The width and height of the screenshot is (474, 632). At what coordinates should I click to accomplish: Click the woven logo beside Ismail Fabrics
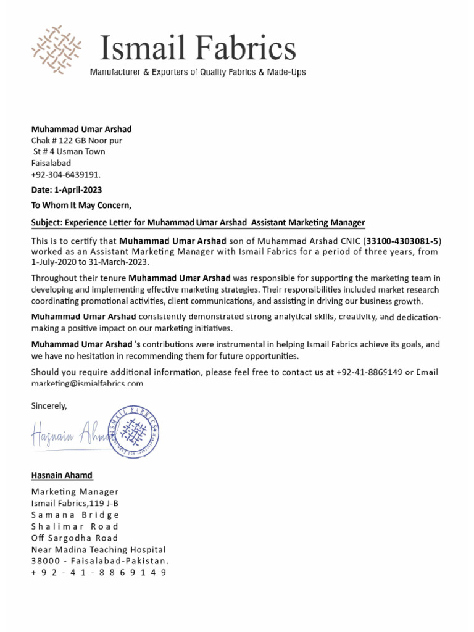56,49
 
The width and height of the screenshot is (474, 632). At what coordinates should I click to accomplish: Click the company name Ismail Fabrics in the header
197,48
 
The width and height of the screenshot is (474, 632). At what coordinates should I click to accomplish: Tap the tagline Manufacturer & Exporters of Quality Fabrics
198,73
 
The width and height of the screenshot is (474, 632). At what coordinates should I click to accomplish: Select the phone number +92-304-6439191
65,174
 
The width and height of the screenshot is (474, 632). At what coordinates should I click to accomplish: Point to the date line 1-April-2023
67,189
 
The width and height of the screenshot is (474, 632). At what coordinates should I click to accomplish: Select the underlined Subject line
198,222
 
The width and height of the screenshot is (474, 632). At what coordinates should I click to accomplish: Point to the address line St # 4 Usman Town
69,152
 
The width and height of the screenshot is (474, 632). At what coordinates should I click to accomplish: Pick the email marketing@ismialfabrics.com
87,383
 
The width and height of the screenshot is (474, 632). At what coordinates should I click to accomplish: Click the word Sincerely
49,405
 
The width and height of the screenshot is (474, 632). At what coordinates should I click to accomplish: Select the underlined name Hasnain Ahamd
62,475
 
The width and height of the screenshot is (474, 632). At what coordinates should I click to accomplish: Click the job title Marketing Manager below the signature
75,492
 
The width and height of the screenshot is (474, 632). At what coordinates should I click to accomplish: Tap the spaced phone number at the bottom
99,573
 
